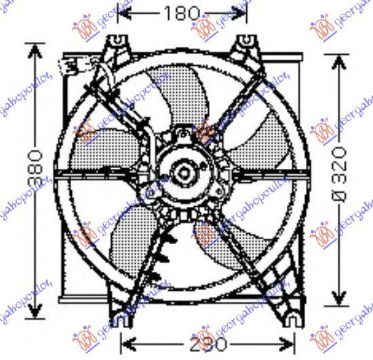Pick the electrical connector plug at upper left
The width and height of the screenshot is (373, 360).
[x=71, y=65]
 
